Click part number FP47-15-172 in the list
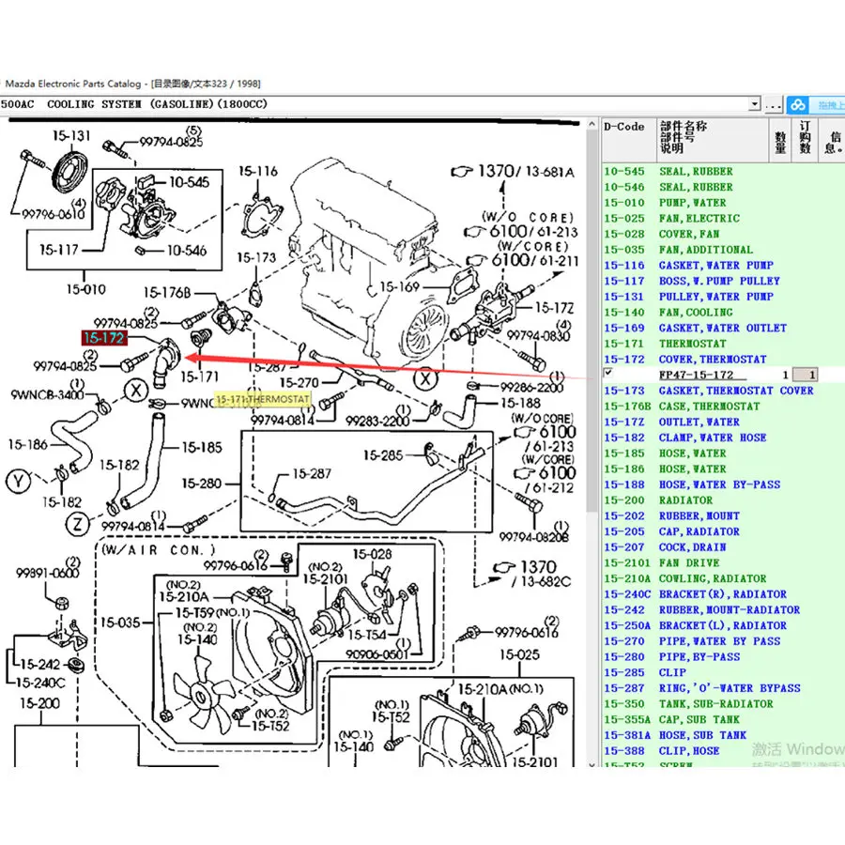[x=696, y=375]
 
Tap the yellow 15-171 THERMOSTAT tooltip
[x=263, y=400]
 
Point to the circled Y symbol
[x=18, y=482]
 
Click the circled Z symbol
[x=78, y=522]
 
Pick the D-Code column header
[x=623, y=127]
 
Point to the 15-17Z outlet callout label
[x=554, y=307]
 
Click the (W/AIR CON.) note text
[x=159, y=549]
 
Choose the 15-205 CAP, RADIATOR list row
[x=684, y=531]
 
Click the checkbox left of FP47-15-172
[x=608, y=373]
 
